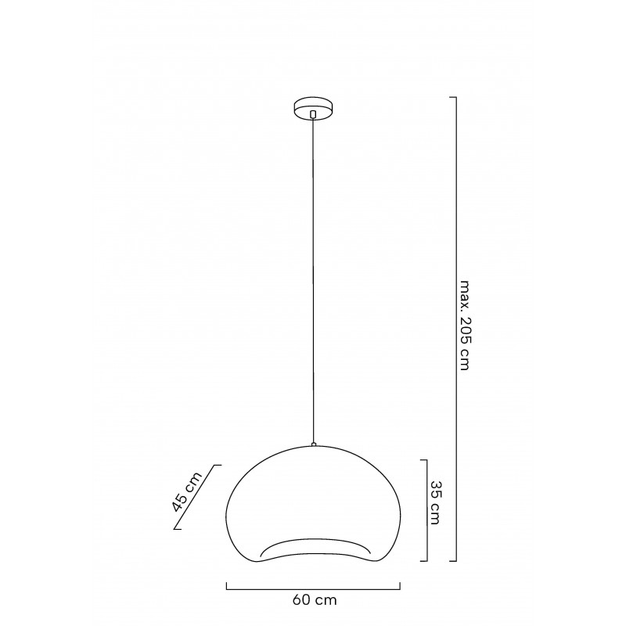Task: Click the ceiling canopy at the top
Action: [x=313, y=108]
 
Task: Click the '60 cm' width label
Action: [x=313, y=601]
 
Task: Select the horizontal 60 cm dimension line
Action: [x=313, y=586]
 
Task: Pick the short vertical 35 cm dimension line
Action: [x=426, y=510]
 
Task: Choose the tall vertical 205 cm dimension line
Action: [x=455, y=329]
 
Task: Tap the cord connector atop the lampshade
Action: [x=313, y=444]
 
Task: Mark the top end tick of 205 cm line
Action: [x=452, y=97]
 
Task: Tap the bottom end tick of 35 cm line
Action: [x=423, y=560]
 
